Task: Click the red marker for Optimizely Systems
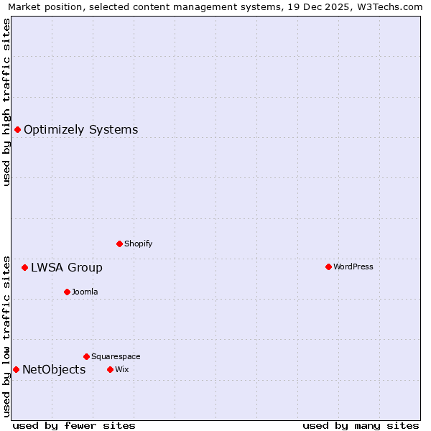(17, 129)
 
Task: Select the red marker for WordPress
(328, 267)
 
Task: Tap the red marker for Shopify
(119, 244)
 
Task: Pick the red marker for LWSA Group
(24, 267)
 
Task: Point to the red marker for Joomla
(67, 292)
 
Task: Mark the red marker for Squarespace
(86, 356)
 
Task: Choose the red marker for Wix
(110, 369)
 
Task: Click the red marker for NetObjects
(16, 369)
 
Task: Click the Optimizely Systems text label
(80, 130)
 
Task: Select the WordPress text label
(353, 267)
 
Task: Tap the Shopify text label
(138, 244)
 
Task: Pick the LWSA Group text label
(66, 268)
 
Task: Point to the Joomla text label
(85, 292)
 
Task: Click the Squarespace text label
(116, 357)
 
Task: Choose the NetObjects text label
(54, 370)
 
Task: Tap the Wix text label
(121, 370)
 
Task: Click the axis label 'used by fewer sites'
(74, 425)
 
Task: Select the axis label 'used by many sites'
(361, 425)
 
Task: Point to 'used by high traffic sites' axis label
(6, 102)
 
